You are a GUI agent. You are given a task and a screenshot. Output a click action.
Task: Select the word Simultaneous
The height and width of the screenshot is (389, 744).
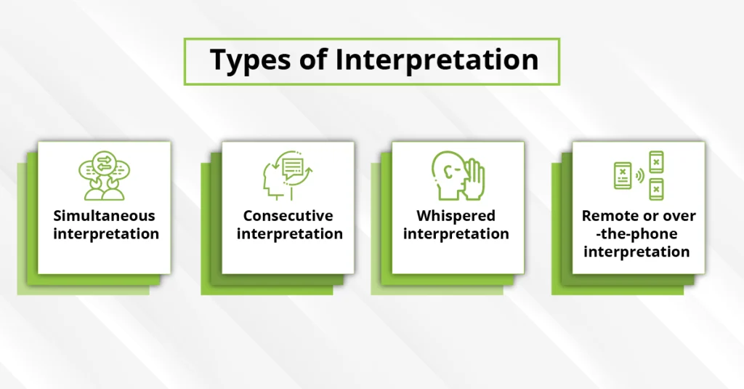point(104,216)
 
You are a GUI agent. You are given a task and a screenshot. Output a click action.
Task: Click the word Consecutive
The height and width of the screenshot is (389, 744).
point(288,216)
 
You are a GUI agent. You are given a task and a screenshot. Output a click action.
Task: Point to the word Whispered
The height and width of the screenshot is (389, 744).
point(456,216)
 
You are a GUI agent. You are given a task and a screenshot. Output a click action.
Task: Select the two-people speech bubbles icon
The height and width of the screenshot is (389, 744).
point(103,175)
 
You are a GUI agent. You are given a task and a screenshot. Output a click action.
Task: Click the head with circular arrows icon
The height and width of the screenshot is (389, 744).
point(288,175)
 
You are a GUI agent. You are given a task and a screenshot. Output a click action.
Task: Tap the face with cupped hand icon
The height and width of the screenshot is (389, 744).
point(457,175)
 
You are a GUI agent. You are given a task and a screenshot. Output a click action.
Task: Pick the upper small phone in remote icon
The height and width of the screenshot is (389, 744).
point(656,161)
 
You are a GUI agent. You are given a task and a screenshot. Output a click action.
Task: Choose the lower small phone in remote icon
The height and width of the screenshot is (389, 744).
point(656,188)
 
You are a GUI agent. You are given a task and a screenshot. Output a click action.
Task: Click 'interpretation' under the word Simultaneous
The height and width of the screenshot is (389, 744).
point(105,234)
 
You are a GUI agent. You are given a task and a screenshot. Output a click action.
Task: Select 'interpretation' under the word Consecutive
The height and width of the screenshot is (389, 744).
point(289,234)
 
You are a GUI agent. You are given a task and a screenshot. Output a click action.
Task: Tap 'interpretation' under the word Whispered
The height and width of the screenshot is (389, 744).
point(456,234)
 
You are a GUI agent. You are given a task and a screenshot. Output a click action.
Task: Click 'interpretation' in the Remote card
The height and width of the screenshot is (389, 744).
point(636,252)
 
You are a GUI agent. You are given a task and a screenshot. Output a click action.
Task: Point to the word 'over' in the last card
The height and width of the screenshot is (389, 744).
point(678,216)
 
